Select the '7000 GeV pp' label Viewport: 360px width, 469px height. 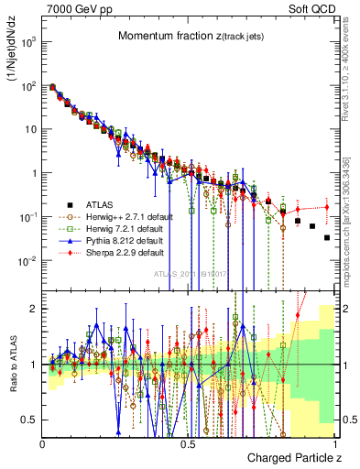(74, 7)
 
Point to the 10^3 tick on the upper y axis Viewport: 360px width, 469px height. (29, 42)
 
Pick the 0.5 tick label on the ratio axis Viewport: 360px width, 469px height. (31, 420)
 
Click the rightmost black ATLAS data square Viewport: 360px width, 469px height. (327, 237)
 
